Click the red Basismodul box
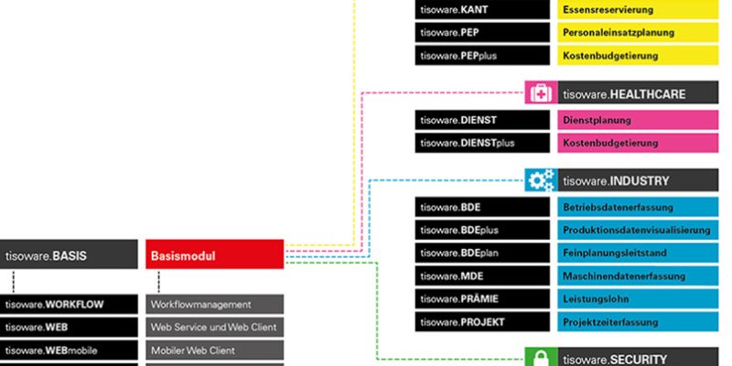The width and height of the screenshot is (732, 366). click(215, 254)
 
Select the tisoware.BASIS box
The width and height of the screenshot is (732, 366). click(69, 254)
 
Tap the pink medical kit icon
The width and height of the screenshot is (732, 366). click(541, 92)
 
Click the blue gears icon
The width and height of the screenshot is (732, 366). click(541, 180)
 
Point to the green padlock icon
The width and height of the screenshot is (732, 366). click(541, 358)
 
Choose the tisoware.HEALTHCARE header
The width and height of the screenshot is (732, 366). click(638, 92)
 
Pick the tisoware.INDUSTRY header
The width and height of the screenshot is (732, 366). click(638, 180)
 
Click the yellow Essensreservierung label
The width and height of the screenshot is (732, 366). click(638, 9)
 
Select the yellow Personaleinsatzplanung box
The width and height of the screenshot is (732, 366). click(638, 33)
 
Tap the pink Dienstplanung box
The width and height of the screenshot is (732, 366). click(638, 120)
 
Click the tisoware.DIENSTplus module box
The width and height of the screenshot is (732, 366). click(482, 143)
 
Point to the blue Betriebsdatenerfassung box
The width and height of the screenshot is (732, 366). click(638, 207)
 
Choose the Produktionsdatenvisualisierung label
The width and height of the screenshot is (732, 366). click(638, 230)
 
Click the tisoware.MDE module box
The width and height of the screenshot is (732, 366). click(482, 276)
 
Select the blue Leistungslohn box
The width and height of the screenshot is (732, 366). click(638, 299)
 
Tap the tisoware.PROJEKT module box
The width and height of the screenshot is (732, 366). click(482, 322)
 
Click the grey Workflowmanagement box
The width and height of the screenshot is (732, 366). click(215, 305)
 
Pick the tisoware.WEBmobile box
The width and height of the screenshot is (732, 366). click(69, 350)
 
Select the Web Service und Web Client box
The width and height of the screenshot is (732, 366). click(215, 328)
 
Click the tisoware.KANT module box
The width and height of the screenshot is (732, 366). click(482, 9)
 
